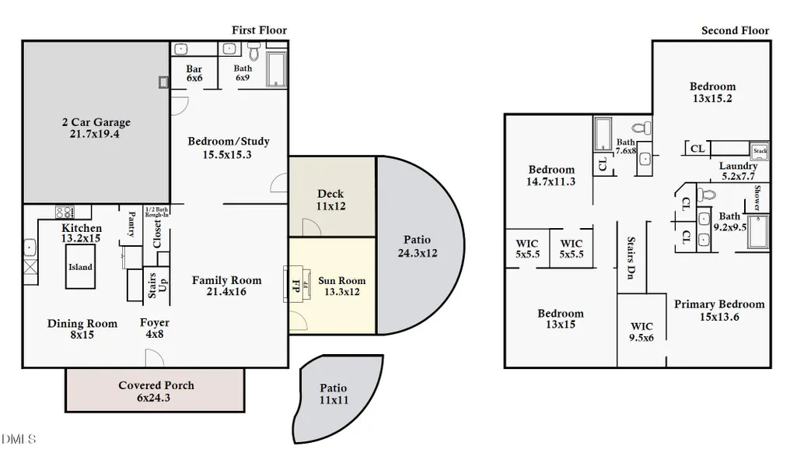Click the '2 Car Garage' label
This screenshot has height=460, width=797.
[96, 122]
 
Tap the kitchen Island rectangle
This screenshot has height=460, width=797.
[80, 267]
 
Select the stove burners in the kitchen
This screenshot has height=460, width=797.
[65, 212]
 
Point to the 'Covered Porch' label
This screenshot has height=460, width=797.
[156, 385]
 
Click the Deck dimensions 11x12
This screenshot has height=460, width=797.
[331, 206]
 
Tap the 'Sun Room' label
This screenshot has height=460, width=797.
[341, 280]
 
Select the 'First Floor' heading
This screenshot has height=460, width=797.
[259, 30]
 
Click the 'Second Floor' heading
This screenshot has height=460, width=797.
[735, 30]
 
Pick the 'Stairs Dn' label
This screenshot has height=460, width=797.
[631, 258]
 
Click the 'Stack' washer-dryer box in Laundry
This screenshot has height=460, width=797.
[760, 151]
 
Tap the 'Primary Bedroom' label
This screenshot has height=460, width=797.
[719, 304]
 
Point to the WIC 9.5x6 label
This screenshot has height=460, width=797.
[641, 332]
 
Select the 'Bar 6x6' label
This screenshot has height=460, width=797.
[194, 73]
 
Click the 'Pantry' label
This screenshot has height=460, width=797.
[131, 224]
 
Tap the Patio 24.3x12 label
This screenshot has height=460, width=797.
[418, 246]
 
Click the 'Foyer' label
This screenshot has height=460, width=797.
[155, 322]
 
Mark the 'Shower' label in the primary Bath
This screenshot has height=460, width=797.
[757, 198]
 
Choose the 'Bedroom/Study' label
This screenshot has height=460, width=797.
[229, 142]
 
